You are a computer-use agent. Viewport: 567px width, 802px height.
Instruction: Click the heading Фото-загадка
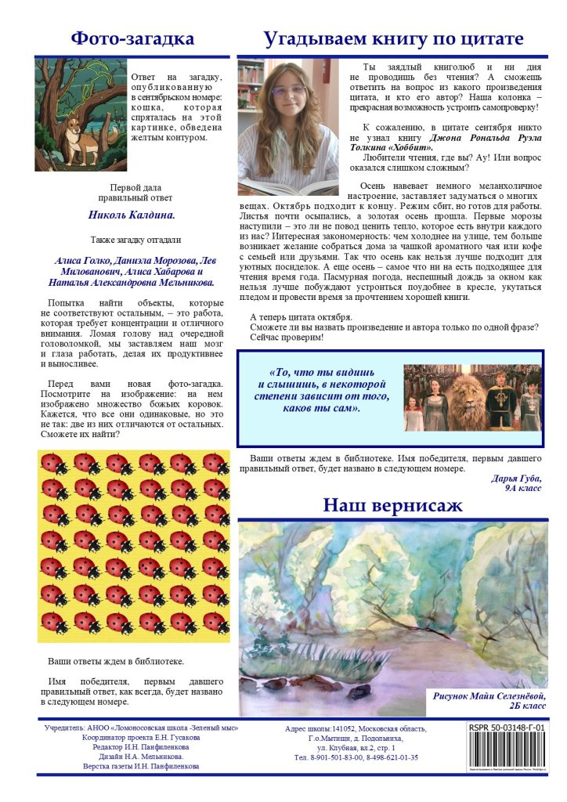[x=132, y=38]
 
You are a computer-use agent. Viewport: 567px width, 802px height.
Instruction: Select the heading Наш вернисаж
[x=392, y=505]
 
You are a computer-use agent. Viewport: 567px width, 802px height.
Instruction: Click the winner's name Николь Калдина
[x=131, y=213]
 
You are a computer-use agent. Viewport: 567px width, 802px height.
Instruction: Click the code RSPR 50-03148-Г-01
[x=506, y=728]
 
